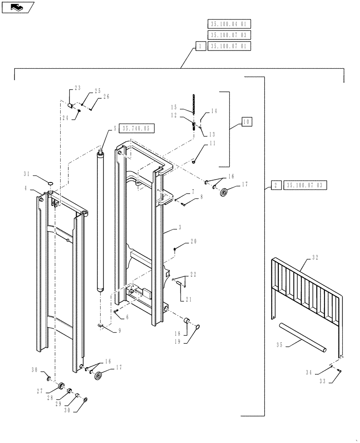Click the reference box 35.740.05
point(137,128)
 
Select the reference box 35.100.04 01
point(229,24)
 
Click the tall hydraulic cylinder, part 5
point(101,221)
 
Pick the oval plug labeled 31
point(50,182)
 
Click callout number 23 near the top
point(78,89)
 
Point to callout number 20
point(193,242)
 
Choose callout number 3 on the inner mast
point(179,227)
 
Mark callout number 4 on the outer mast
point(26,188)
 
